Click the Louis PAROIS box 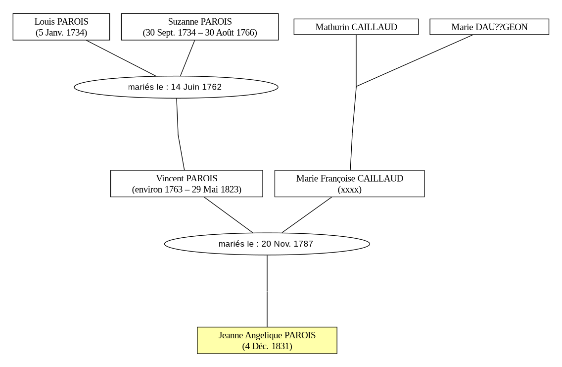61,27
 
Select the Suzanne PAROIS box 200,27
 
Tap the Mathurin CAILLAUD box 356,27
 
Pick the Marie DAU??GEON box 489,27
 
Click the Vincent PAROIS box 187,184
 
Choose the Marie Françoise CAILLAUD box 349,184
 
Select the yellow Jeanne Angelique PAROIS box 267,340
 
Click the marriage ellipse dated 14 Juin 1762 176,87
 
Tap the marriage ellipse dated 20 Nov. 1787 267,244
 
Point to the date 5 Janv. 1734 61,33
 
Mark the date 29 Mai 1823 215,189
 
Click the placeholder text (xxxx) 349,189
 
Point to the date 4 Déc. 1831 267,346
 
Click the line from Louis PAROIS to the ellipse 121,58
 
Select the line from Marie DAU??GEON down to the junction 415,60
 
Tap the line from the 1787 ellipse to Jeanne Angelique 267,291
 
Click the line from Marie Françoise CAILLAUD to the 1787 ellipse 307,215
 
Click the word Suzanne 183,21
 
